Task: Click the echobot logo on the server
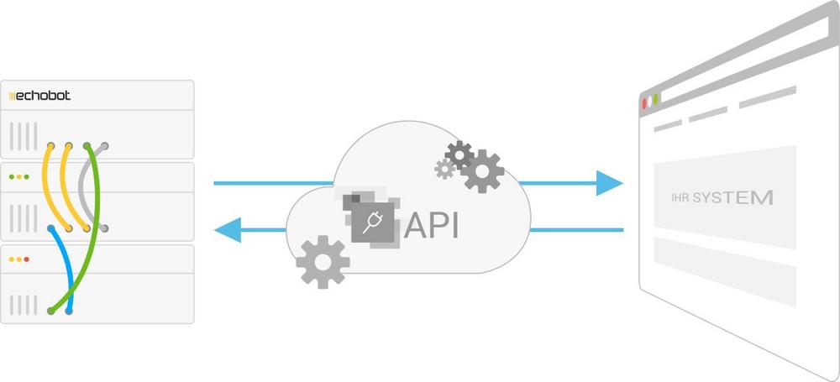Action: coord(39,96)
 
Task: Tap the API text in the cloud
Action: coord(432,225)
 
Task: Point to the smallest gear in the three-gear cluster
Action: coord(444,169)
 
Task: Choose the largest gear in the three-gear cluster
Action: coord(482,171)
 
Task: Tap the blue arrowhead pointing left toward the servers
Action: coord(228,228)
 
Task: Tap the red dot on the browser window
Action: coord(645,103)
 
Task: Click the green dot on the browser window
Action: coord(656,98)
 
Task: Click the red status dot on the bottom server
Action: coord(28,259)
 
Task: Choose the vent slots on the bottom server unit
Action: coord(24,302)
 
